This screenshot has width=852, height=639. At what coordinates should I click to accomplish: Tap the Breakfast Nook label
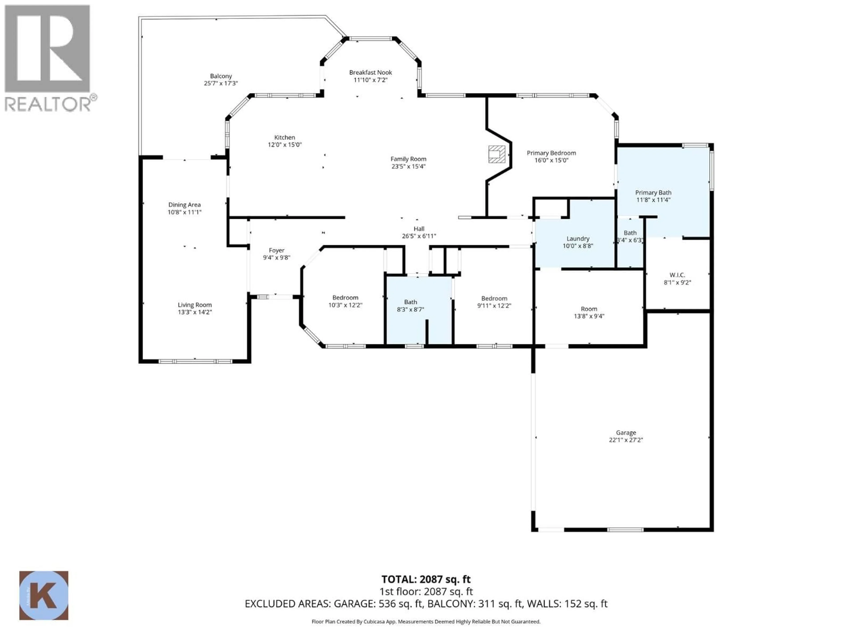[371, 72]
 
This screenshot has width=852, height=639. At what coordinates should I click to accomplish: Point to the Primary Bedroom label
[551, 153]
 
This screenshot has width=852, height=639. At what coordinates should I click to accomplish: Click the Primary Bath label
[653, 193]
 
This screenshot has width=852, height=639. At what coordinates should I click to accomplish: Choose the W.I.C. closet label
[677, 275]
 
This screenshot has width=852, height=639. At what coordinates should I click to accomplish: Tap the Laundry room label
[578, 239]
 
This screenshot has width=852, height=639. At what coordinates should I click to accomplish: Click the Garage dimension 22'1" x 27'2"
[626, 440]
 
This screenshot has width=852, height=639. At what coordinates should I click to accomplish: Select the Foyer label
[276, 250]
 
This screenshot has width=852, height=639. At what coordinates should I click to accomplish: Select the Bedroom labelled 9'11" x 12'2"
[494, 298]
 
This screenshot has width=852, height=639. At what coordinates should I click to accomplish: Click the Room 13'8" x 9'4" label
[589, 309]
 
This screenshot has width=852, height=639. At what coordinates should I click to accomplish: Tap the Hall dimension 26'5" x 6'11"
[419, 236]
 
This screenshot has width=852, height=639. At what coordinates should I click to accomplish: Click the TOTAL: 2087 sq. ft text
[426, 579]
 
